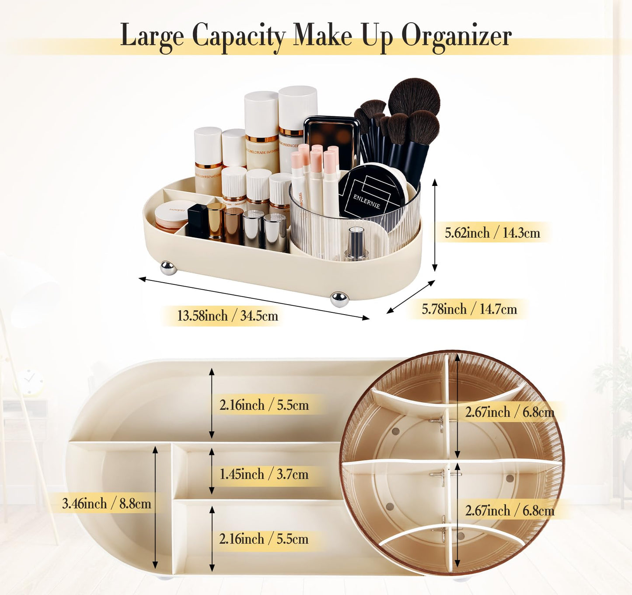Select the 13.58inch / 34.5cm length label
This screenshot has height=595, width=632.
[x=227, y=316]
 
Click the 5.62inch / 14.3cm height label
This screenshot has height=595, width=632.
[x=492, y=233]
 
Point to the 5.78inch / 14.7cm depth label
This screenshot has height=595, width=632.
[x=469, y=309]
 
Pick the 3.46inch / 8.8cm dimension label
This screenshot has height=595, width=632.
[x=106, y=504]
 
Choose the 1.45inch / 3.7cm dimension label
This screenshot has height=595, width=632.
[x=264, y=474]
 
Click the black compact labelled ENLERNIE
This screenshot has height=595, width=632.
[x=372, y=192]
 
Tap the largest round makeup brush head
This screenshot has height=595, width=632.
[x=414, y=97]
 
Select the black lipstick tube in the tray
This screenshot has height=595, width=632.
[x=197, y=220]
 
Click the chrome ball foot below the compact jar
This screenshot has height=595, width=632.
[x=168, y=268]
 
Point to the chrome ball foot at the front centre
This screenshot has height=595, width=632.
[x=339, y=299]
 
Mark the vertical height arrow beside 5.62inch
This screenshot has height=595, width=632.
[x=434, y=225]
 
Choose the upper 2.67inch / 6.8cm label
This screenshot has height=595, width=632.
[x=509, y=412]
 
